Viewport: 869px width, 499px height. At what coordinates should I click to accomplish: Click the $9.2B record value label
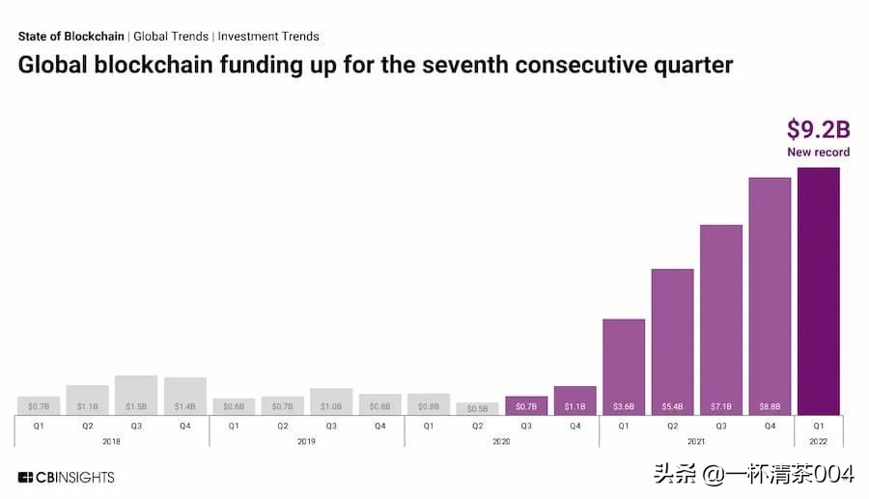coord(819,128)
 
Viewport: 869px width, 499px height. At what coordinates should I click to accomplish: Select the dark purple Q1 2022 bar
coord(818,291)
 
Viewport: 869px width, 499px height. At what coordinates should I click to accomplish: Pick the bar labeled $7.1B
coord(721,319)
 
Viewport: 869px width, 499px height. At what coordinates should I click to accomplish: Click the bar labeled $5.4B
coord(672,342)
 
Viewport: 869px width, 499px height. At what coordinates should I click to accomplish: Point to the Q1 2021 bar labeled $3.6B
coord(624,367)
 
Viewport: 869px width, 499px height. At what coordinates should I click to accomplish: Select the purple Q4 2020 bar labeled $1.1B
coord(575,401)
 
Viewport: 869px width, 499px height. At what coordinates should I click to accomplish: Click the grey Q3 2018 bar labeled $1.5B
coord(136,395)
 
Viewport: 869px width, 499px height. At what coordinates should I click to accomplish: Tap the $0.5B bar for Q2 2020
coord(477,408)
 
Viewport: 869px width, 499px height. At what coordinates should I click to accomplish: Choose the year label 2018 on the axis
coord(112,440)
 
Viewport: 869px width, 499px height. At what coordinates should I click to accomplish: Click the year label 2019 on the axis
coord(306,440)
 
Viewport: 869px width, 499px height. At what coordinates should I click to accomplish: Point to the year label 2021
coord(696,440)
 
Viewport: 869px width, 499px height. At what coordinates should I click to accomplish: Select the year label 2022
coord(818,440)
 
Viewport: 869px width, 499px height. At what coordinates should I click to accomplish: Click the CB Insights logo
coord(66,477)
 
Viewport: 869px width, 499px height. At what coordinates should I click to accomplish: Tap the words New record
coord(819,152)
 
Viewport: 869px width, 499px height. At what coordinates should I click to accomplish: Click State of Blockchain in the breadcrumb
coord(70,37)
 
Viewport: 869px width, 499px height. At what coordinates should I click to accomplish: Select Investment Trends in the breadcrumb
coord(268,37)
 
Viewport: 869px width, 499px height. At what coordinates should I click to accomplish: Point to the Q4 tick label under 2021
coord(770,426)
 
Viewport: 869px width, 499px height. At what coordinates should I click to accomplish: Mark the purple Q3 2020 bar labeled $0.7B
coord(526,405)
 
